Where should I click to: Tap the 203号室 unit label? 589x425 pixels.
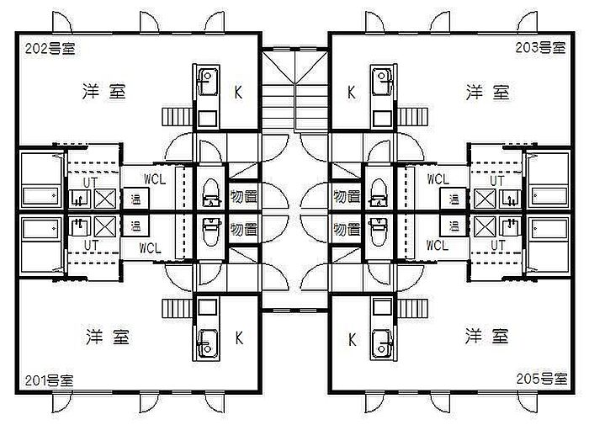pos(541,47)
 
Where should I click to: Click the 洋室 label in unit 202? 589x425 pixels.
pos(104,92)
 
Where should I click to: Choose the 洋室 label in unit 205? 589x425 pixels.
pos(487,337)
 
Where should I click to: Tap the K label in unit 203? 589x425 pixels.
pos(351,93)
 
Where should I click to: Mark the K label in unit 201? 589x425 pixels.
pos(239,338)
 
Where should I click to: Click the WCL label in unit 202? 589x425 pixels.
pos(155,179)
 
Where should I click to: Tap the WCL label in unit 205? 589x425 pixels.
pos(438,247)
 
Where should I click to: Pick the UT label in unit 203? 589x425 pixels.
pos(497,180)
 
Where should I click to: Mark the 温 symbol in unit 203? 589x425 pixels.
pos(454,199)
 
